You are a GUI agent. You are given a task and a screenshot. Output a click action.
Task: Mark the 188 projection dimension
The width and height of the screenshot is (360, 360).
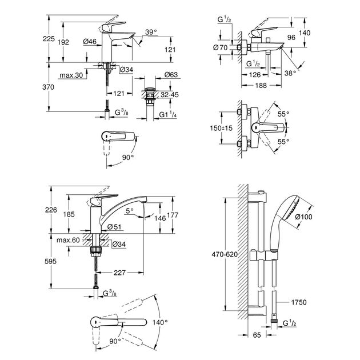click(259, 86)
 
